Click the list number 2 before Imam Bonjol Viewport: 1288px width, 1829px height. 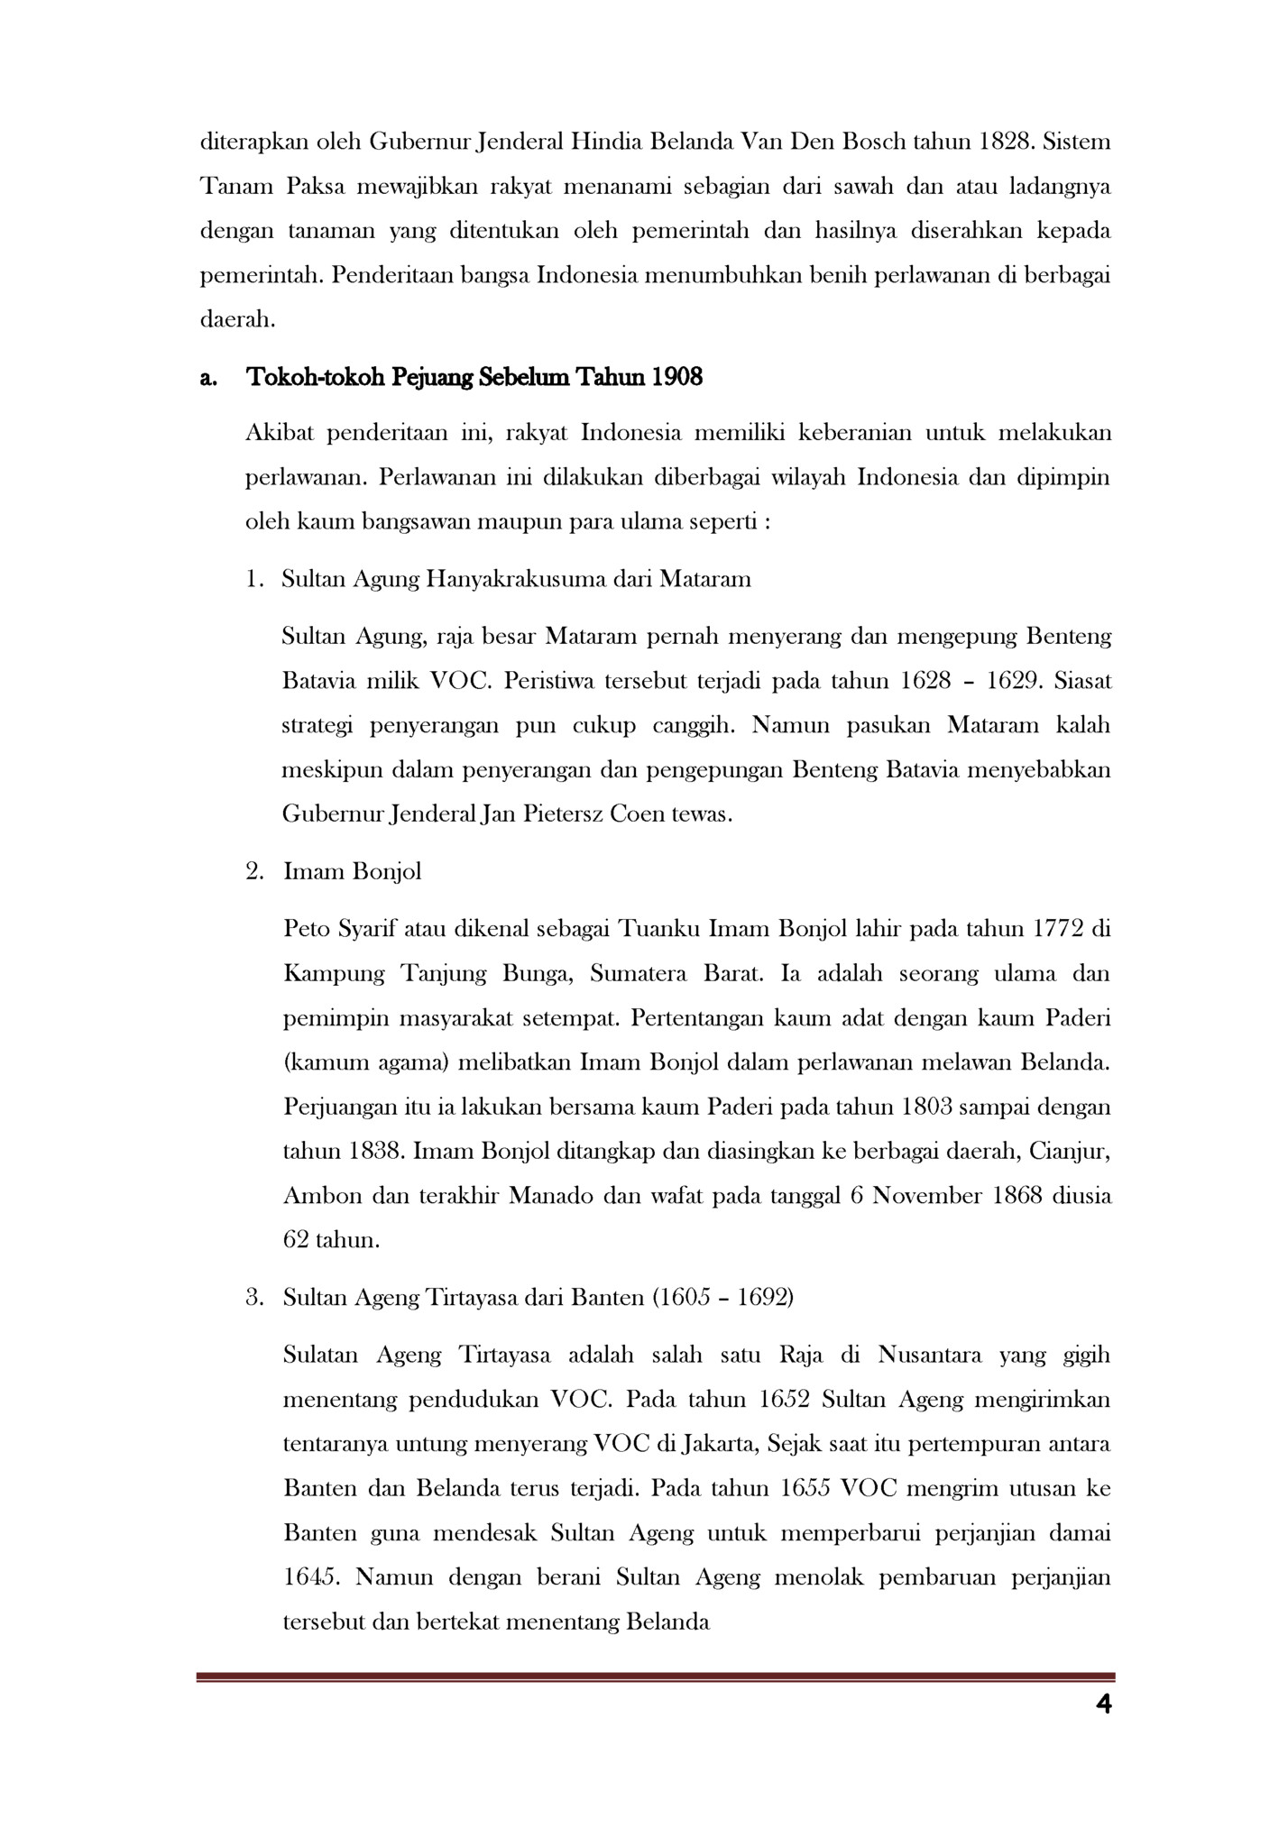coord(254,872)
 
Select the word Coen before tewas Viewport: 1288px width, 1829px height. coord(641,814)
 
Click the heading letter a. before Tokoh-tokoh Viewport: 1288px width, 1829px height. coord(208,378)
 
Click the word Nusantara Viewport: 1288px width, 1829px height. coord(930,1355)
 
